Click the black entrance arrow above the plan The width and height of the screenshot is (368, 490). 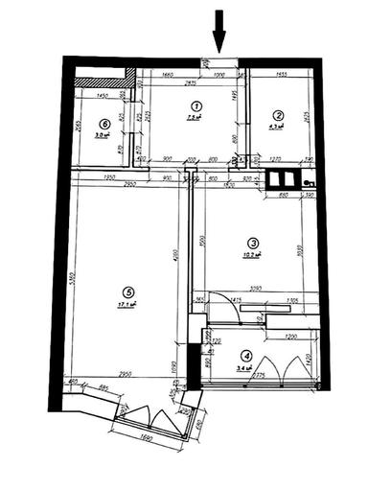click(218, 29)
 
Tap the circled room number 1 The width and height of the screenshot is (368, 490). click(195, 105)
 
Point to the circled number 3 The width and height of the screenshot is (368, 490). click(252, 243)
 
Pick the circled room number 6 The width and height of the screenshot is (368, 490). click(102, 123)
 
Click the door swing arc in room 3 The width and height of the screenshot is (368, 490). click(227, 309)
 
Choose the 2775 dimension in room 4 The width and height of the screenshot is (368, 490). click(259, 377)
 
